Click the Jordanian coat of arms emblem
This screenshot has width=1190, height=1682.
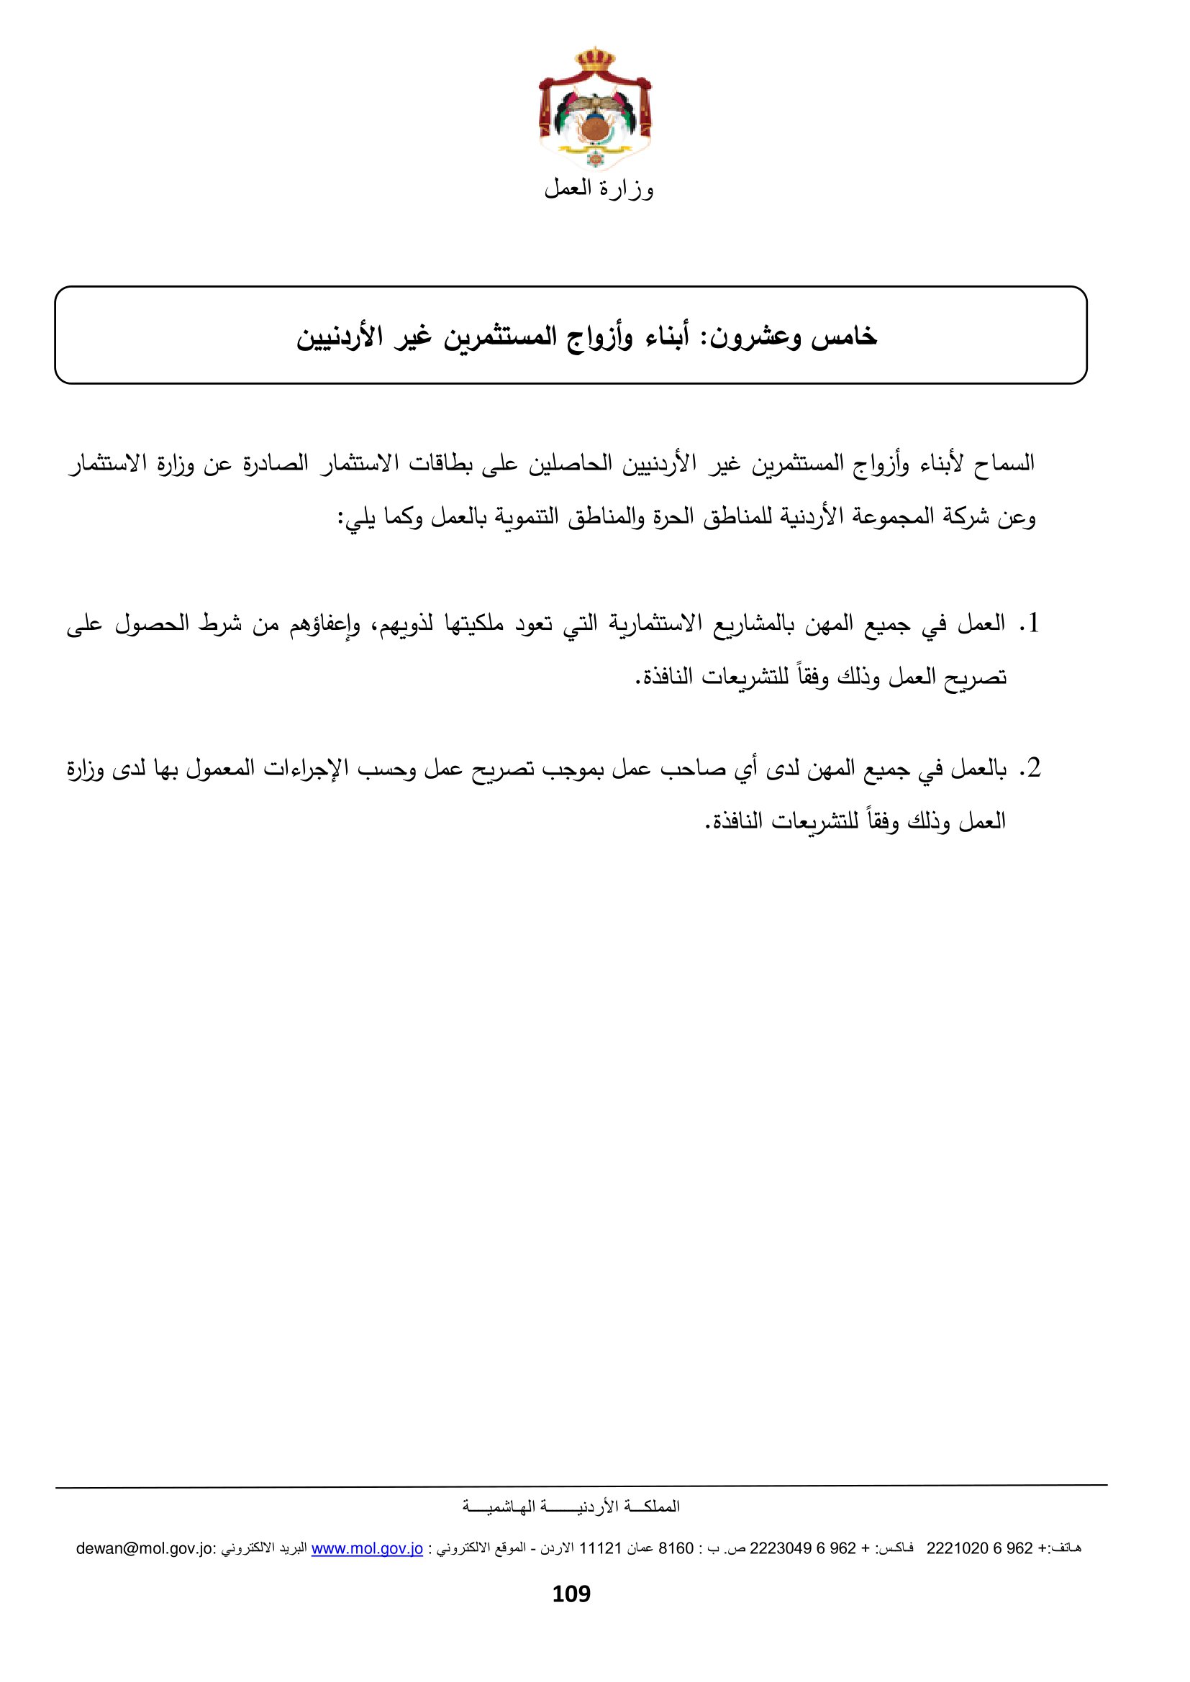[x=595, y=110]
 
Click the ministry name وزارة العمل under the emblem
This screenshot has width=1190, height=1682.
[x=599, y=189]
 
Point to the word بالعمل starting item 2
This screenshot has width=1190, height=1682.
[x=978, y=769]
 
